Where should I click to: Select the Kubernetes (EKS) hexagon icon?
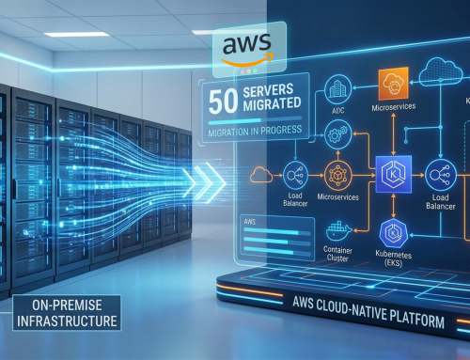[393, 232]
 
